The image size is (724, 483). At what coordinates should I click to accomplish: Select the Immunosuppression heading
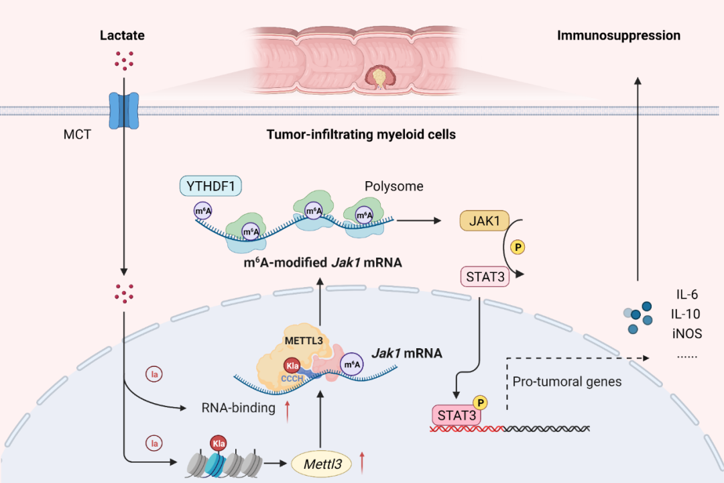(618, 35)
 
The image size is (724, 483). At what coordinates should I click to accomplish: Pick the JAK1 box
(481, 221)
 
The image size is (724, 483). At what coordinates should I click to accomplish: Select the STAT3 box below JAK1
(483, 276)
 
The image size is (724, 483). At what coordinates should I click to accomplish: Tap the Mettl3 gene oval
(322, 462)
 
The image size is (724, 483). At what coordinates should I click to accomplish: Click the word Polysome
(394, 186)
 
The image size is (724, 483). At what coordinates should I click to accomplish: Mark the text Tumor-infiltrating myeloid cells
(361, 135)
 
